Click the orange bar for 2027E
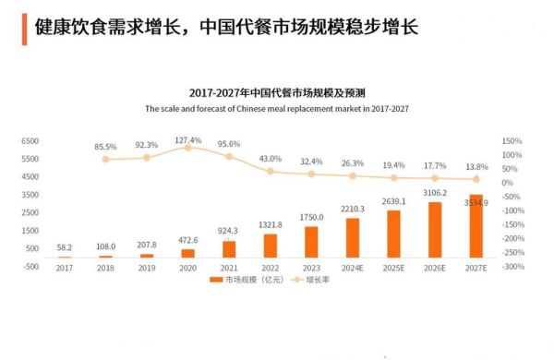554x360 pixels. click(476, 226)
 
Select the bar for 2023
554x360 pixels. click(310, 242)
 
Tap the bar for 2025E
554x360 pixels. click(393, 234)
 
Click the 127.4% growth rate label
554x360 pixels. click(187, 140)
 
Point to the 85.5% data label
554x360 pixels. click(105, 147)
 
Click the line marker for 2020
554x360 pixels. click(187, 148)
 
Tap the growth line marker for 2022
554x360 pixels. click(270, 171)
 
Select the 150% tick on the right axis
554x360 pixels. click(512, 141)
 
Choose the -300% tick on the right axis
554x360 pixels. click(512, 267)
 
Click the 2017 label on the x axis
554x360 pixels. click(64, 268)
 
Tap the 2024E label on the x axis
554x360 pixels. click(352, 268)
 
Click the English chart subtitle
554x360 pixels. click(277, 108)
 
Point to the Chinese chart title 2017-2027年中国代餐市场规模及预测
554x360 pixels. click(277, 93)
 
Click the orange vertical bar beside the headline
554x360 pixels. click(22, 27)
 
